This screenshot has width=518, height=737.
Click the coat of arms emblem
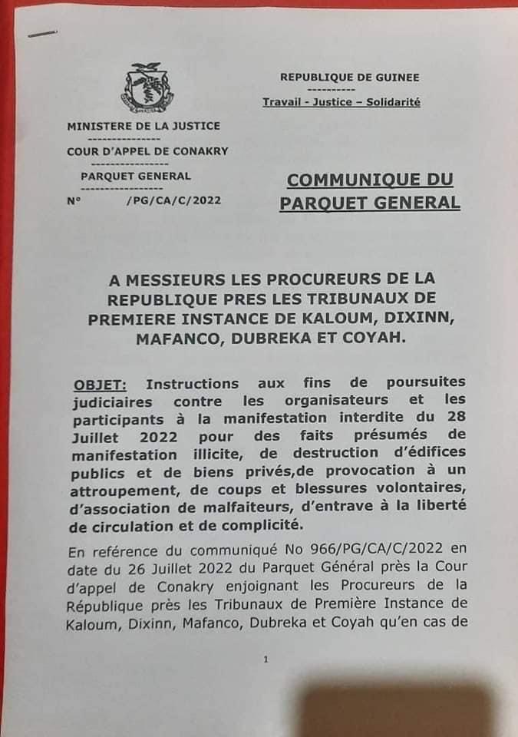tap(147, 89)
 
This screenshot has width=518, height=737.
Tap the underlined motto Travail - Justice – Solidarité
tap(341, 102)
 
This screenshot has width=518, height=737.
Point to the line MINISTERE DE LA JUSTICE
tap(144, 126)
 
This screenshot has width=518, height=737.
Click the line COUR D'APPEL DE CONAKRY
tap(147, 150)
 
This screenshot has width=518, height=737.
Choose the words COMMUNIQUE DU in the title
tap(370, 180)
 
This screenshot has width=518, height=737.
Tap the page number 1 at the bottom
tap(266, 659)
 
